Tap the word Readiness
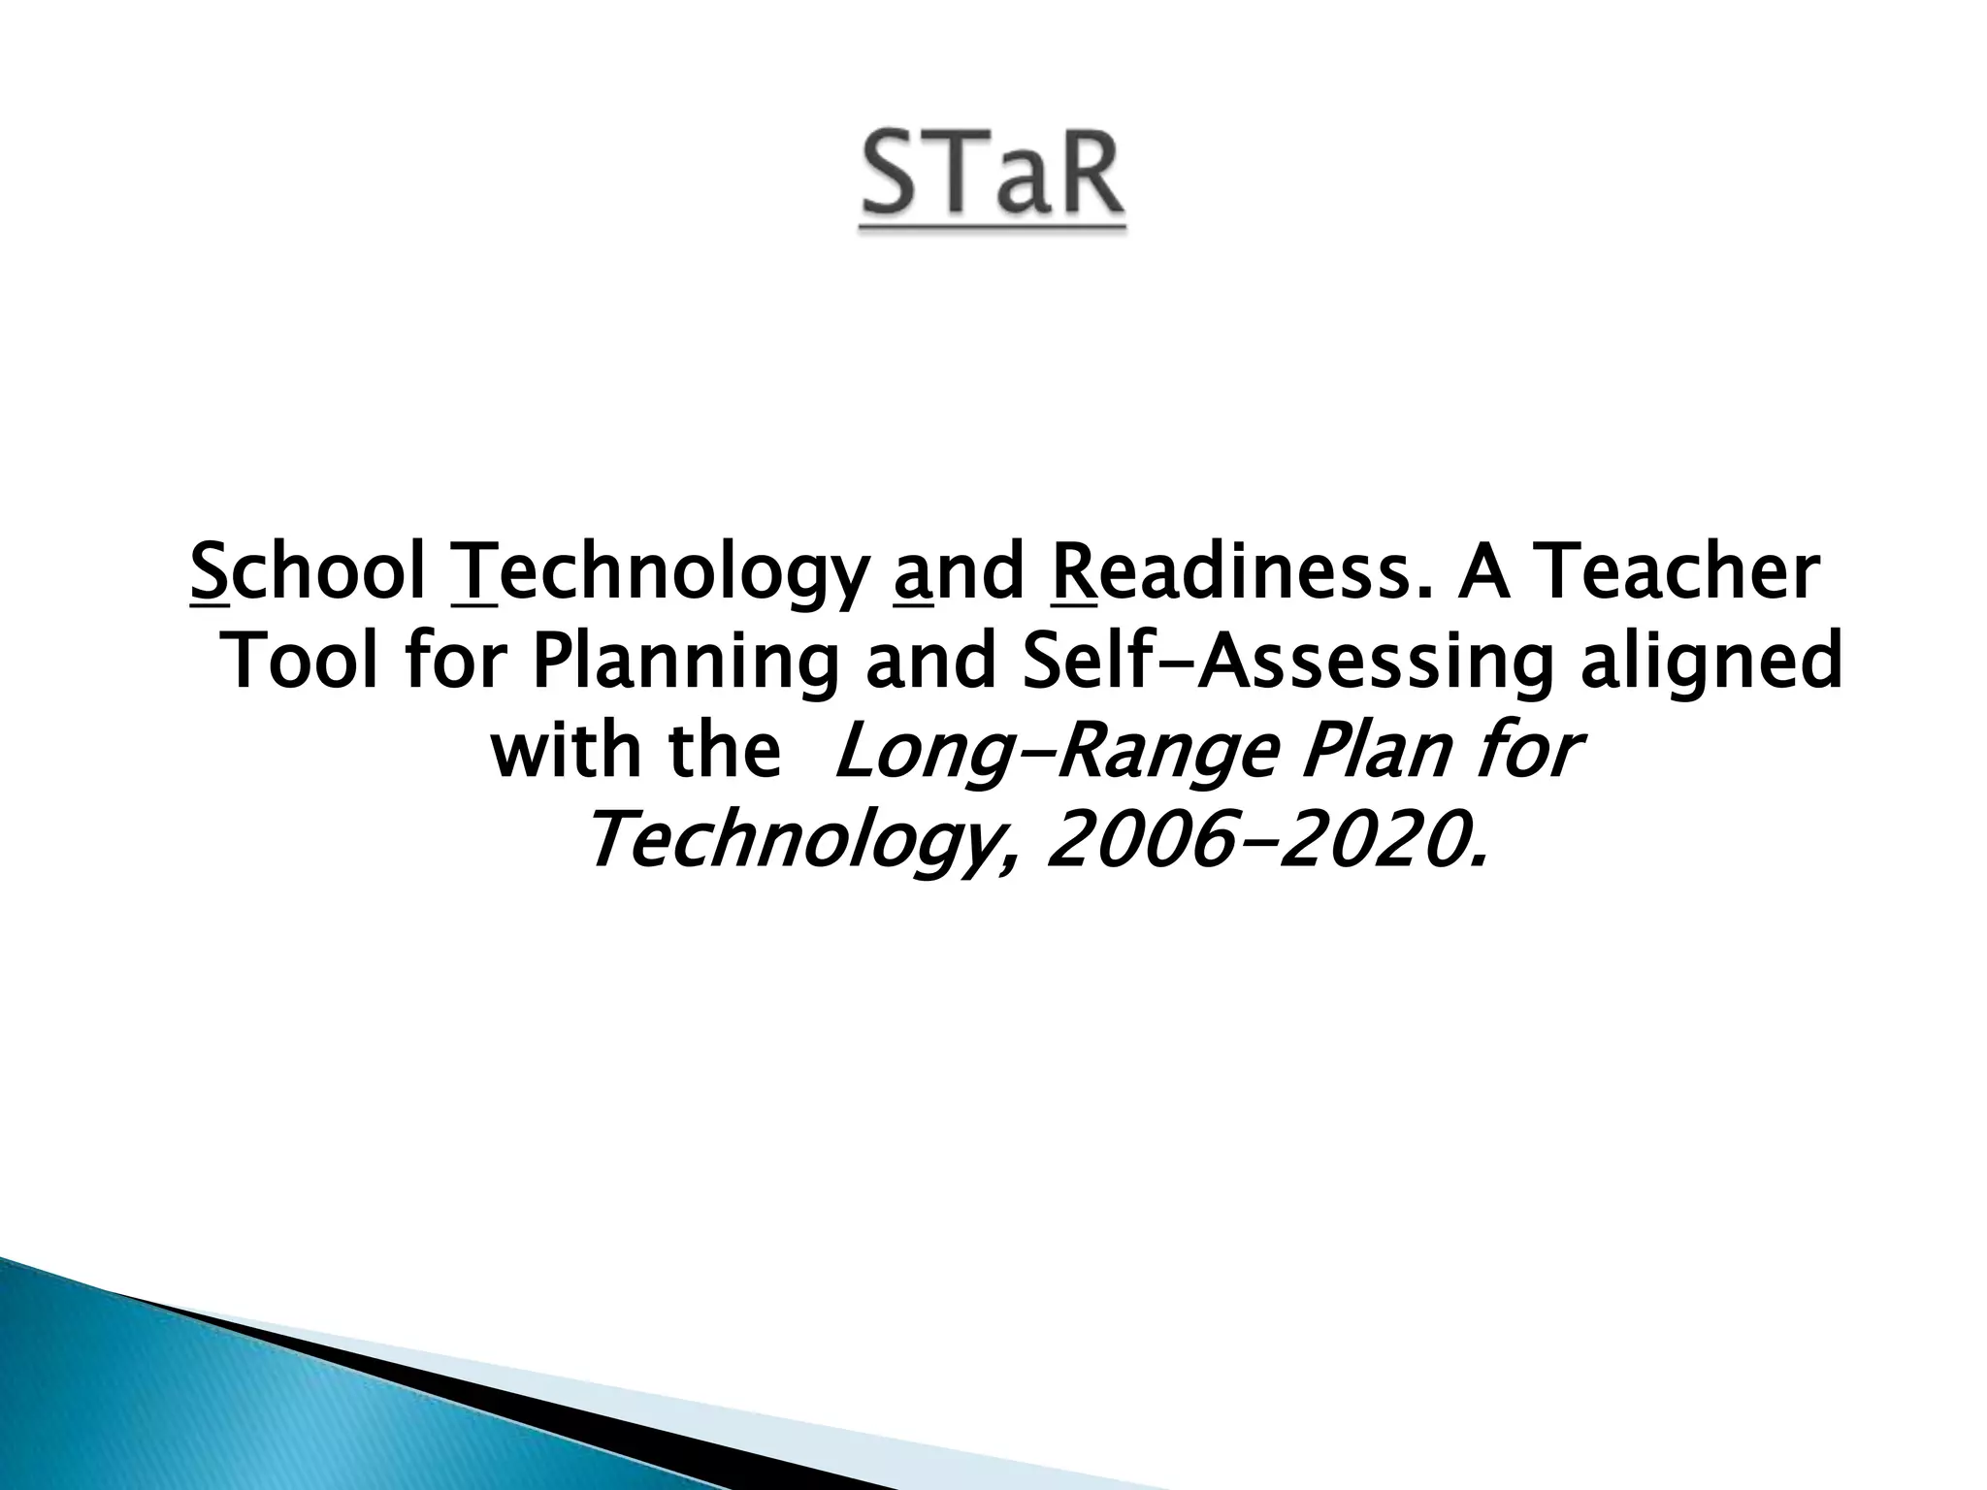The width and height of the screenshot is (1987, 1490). [1222, 573]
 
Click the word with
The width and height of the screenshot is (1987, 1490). [568, 750]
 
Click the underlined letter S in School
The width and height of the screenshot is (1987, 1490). [210, 573]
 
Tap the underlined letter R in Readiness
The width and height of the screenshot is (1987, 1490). [1073, 573]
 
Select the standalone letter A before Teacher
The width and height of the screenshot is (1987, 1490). [1481, 573]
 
